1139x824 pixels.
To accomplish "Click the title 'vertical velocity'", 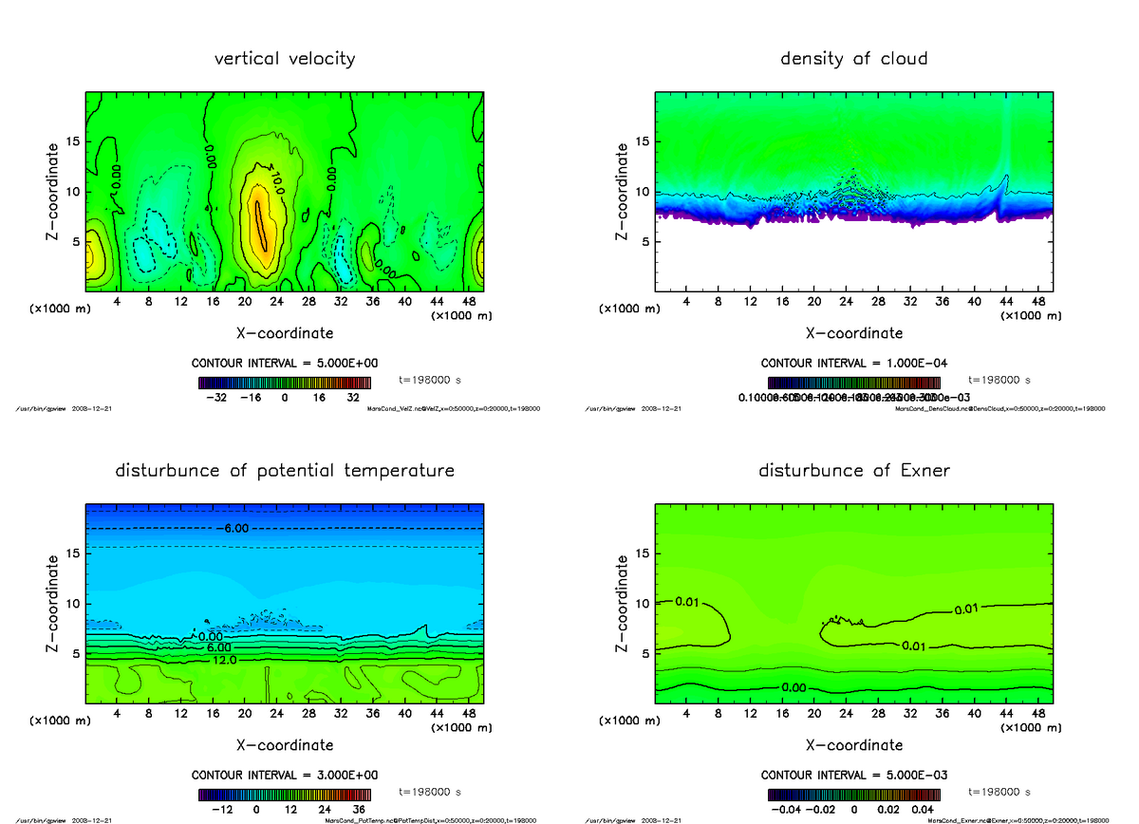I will pyautogui.click(x=285, y=59).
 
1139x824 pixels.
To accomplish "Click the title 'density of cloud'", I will pyautogui.click(x=853, y=59).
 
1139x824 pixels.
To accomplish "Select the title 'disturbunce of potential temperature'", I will pyautogui.click(x=285, y=471).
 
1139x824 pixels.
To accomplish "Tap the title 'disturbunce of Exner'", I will pyautogui.click(x=854, y=471).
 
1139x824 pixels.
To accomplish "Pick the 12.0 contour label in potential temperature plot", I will pyautogui.click(x=224, y=660).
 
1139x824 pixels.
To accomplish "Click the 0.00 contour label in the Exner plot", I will pyautogui.click(x=794, y=687).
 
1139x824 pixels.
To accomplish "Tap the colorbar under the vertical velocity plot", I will pyautogui.click(x=285, y=383).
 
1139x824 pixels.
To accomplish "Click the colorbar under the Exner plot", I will pyautogui.click(x=854, y=795).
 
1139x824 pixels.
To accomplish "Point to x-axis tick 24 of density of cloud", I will pyautogui.click(x=846, y=302).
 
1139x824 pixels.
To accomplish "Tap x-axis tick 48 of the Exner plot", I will pyautogui.click(x=1038, y=714).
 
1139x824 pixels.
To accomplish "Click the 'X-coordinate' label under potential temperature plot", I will pyautogui.click(x=285, y=745).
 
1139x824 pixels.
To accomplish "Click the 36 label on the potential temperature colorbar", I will pyautogui.click(x=360, y=810).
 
